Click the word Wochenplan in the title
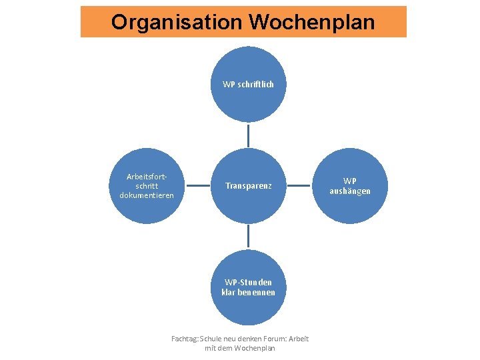click(x=312, y=22)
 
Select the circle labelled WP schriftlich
click(x=248, y=84)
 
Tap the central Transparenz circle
click(x=248, y=185)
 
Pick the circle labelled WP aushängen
click(x=350, y=185)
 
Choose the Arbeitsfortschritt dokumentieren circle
click(x=147, y=185)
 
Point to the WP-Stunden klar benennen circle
click(x=248, y=287)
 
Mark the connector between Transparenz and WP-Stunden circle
click(x=248, y=236)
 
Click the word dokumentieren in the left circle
click(x=147, y=195)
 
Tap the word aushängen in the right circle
click(x=350, y=191)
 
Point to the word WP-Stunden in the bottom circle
click(x=248, y=282)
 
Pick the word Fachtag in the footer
click(x=184, y=339)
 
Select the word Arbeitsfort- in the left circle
click(x=147, y=177)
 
